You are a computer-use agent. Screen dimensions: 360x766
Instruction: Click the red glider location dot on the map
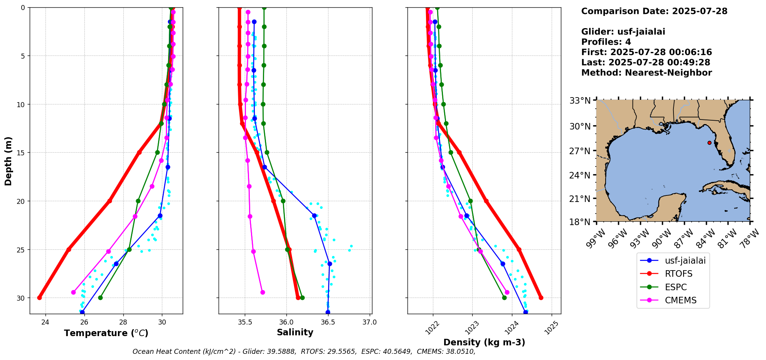pos(709,143)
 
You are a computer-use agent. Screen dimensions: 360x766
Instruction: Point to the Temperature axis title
pos(106,333)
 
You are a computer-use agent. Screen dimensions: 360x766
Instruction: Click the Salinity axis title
pos(295,332)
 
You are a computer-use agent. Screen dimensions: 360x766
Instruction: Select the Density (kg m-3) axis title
pos(484,342)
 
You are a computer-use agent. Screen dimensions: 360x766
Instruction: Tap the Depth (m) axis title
pos(8,161)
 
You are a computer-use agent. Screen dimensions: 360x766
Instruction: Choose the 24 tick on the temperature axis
pos(45,322)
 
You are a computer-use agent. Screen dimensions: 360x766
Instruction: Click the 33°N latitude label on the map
pos(580,101)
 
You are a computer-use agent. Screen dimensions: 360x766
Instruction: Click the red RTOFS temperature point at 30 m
pos(39,298)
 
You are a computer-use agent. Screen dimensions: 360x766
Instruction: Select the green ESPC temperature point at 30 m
pos(100,298)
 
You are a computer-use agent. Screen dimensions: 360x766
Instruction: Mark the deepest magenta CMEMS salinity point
pos(263,292)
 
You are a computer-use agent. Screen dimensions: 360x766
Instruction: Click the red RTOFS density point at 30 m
pos(541,298)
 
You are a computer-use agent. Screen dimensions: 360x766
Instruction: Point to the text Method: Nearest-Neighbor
pos(646,73)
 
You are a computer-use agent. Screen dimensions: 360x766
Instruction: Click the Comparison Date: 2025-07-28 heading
pos(654,11)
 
